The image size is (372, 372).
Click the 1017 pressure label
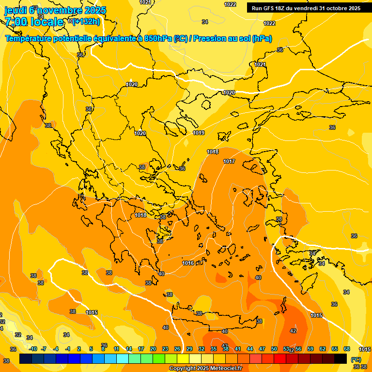(x=229, y=161)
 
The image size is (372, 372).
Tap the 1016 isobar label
(x=188, y=263)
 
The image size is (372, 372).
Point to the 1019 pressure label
(x=199, y=133)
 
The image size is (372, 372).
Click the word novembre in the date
(x=64, y=10)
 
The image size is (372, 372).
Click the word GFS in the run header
(x=268, y=8)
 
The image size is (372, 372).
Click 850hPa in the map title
(x=158, y=39)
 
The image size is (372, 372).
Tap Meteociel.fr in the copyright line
(x=224, y=369)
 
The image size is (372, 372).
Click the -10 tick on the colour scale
(x=33, y=349)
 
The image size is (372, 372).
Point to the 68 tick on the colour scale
(x=347, y=349)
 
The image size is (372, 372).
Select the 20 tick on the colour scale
(x=153, y=349)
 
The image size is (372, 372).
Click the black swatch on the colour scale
(x=341, y=358)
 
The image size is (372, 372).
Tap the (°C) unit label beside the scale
(x=356, y=359)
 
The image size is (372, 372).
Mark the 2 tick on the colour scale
(x=79, y=349)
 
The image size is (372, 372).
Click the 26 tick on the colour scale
(x=177, y=349)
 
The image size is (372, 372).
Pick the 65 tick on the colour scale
(x=335, y=349)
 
